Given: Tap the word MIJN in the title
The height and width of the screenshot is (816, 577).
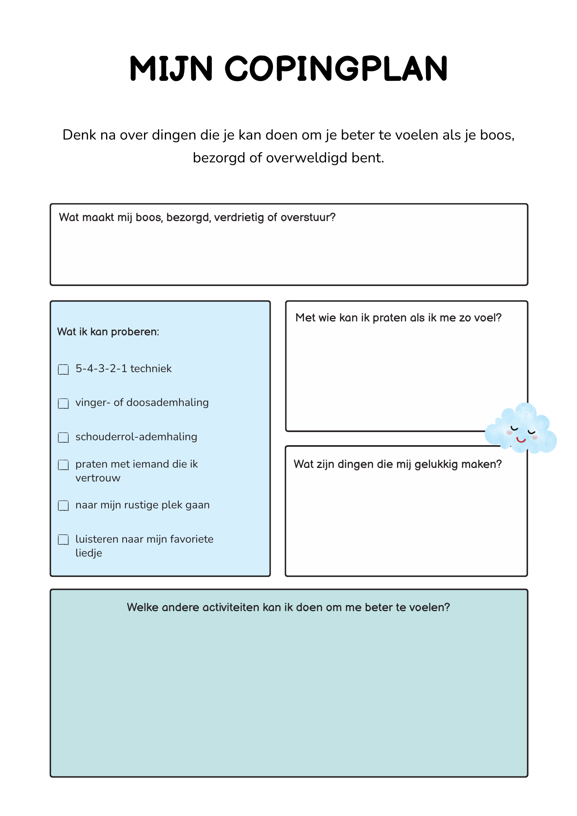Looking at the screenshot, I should (171, 69).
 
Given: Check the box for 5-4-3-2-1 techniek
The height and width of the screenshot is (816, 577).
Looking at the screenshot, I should (63, 370).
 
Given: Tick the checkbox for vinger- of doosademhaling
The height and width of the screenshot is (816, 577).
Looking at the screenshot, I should (63, 404).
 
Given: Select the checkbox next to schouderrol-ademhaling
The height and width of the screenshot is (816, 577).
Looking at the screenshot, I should (63, 437).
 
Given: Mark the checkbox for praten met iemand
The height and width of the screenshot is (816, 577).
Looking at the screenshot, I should (63, 465).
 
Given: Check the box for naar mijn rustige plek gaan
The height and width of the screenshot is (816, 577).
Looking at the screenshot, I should (63, 506).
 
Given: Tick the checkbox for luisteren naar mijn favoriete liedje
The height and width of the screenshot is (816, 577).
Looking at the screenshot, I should (63, 540).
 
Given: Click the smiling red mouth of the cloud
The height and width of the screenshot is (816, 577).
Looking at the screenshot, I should (521, 440).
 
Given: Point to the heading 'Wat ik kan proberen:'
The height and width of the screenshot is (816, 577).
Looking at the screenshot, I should (108, 332).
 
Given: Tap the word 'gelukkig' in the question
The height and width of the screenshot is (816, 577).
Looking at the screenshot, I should (436, 464).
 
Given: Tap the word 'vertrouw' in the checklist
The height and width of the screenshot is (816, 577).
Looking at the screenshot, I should (98, 478).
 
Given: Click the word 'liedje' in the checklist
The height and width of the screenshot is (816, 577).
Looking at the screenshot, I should (89, 553).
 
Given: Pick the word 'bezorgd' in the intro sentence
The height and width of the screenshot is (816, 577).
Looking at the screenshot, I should (219, 158).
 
